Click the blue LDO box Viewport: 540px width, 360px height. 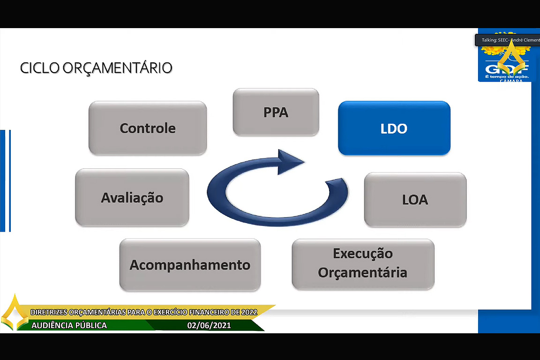coord(394,128)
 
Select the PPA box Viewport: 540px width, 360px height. coord(276,112)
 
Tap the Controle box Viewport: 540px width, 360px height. coord(148,128)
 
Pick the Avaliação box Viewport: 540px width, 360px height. coord(132,197)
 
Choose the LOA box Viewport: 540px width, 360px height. coord(415,200)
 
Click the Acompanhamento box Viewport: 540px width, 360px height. coord(190,265)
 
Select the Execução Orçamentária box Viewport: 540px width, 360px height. coord(363,263)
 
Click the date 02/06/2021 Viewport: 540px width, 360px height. coord(209,325)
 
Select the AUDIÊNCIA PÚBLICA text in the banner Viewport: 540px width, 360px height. coord(69,325)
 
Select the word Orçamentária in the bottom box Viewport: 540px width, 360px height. coord(363,272)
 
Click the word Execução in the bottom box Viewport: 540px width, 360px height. coord(363,254)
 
